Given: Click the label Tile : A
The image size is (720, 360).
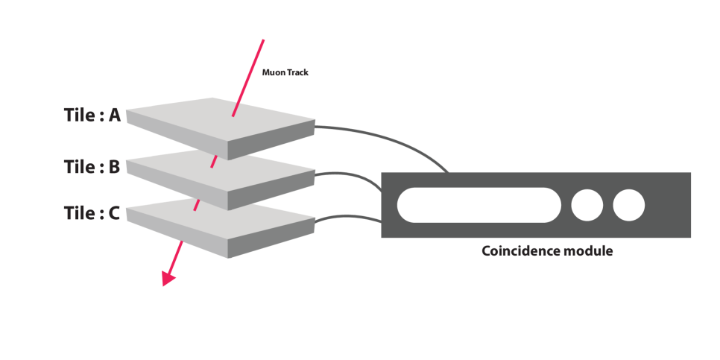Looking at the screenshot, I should click(x=92, y=116).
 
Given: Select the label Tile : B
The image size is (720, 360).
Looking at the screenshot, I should click(x=92, y=167).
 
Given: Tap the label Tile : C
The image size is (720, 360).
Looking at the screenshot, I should click(x=92, y=213).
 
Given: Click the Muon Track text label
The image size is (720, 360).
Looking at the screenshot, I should click(x=285, y=73).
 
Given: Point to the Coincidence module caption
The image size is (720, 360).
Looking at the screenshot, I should click(x=547, y=251).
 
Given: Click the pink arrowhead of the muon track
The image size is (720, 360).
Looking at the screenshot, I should click(x=169, y=278).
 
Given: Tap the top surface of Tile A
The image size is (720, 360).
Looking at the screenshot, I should click(x=201, y=119).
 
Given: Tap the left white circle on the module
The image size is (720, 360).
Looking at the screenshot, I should click(x=587, y=205).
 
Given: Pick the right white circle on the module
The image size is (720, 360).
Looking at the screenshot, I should click(x=629, y=205).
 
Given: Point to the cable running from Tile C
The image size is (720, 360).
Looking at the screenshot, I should click(x=350, y=216).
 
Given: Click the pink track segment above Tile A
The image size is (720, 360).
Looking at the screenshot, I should click(x=250, y=75).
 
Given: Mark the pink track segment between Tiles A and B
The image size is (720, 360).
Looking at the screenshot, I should click(x=213, y=161).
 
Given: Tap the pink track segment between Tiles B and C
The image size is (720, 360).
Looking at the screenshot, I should click(x=197, y=203).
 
